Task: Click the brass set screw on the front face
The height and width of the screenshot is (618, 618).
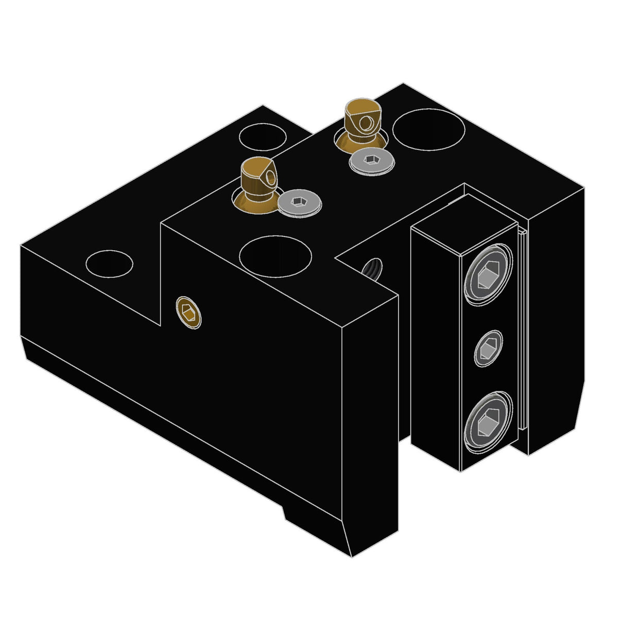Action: coord(188,312)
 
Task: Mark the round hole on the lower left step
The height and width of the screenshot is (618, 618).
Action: coord(109,263)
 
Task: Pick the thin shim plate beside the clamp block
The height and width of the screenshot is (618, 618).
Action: coord(522,330)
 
